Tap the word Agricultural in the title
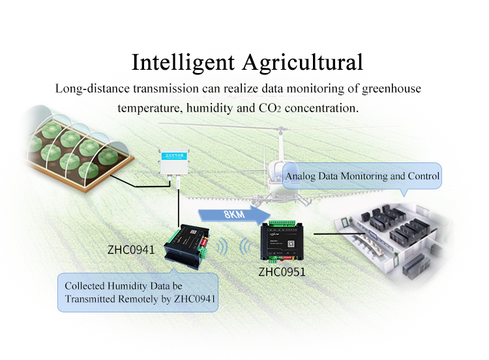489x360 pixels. point(303,62)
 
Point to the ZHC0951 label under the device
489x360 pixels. point(281,271)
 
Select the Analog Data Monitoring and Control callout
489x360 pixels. point(363,176)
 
